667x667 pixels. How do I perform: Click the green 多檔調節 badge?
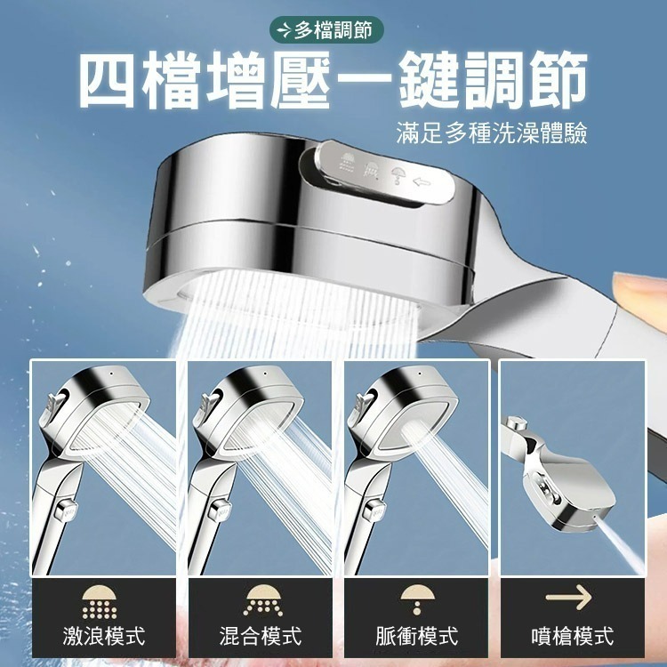click(327, 31)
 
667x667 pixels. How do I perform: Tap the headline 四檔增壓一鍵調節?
click(333, 83)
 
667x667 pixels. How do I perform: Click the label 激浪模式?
click(104, 635)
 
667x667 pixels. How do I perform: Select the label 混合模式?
click(260, 635)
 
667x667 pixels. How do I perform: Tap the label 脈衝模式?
click(416, 635)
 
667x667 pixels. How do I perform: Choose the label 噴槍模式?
click(572, 635)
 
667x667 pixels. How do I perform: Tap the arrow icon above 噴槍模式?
click(569, 599)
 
